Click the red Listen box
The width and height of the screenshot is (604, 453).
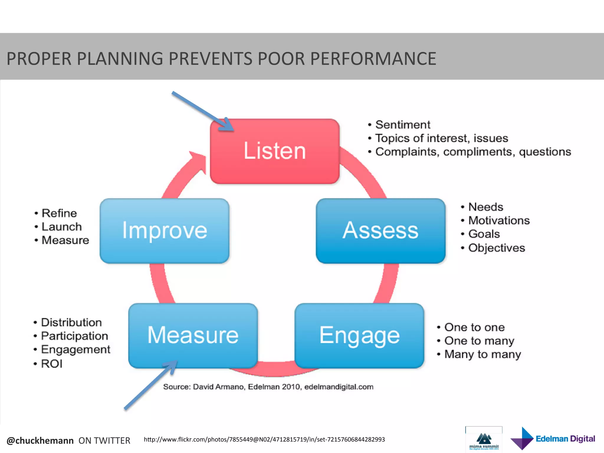[x=275, y=151]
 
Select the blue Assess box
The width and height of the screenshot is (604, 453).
[x=380, y=231]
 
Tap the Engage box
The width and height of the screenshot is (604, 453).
[x=359, y=336]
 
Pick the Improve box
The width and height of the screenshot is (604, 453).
[x=164, y=231]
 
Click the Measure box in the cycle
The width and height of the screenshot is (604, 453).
[x=193, y=336]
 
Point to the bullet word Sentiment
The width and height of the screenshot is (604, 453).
[x=403, y=125]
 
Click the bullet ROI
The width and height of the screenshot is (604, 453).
[x=52, y=364]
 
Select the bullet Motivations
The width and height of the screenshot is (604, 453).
[x=499, y=221]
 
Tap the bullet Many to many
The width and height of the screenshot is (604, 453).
[x=482, y=354]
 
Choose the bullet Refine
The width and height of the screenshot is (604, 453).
[x=59, y=213]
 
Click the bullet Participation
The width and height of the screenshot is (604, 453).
[x=74, y=336]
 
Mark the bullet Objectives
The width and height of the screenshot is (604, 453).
[x=497, y=248]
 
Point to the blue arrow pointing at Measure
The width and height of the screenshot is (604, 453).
[x=150, y=385]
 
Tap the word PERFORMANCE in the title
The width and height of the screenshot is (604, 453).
[x=373, y=59]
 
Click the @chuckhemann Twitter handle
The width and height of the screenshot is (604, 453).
[x=40, y=441]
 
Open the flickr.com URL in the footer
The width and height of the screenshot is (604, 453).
[x=264, y=439]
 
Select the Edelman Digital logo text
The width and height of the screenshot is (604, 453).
[x=565, y=439]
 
